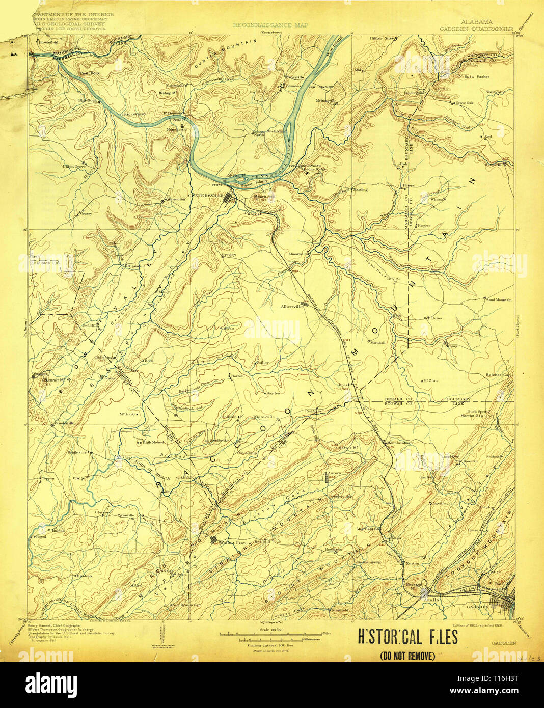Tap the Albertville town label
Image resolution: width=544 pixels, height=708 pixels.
coord(291,307)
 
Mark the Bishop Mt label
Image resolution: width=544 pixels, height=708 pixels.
coord(168,93)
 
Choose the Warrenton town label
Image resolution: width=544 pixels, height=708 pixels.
coord(175,199)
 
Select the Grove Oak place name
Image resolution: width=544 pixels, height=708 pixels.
coord(464,103)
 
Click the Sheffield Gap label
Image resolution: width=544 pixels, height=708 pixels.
coord(369,529)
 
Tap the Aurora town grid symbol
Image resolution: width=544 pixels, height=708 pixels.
coord(327,478)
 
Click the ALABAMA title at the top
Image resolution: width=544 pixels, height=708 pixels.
coord(476,22)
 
